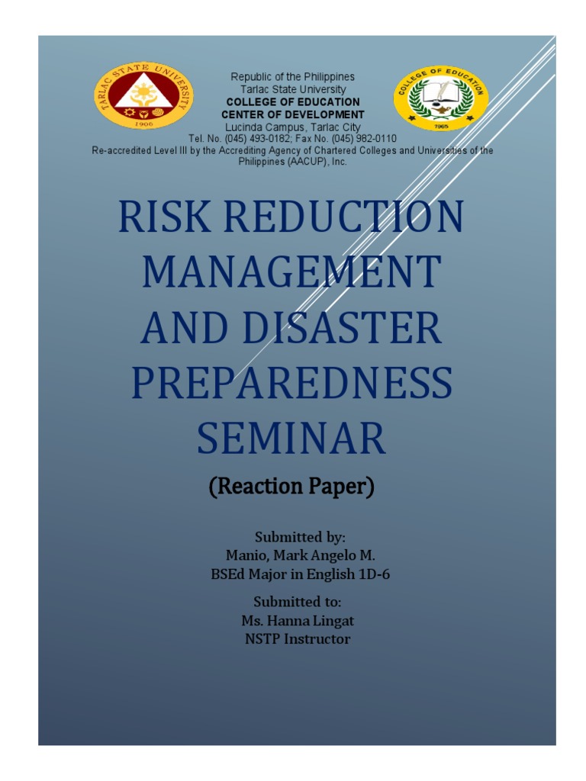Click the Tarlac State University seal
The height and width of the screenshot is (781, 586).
coord(143,96)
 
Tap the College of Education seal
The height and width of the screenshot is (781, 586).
coord(441,98)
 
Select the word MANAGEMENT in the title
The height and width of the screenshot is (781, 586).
coord(292,272)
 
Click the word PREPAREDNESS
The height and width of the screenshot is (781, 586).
coord(292,383)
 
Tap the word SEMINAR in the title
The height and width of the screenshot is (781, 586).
coord(292,438)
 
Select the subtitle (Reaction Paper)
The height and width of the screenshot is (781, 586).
coord(292,487)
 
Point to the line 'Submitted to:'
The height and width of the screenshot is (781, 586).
coord(297,602)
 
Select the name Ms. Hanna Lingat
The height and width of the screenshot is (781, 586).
coord(297,620)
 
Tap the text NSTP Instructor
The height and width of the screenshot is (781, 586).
coord(298,639)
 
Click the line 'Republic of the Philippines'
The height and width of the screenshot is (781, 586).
coord(293,77)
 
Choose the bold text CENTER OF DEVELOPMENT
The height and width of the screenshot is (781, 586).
coord(293,114)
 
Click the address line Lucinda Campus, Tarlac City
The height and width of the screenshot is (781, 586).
coord(293,127)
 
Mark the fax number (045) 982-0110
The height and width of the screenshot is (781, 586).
coord(362,139)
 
